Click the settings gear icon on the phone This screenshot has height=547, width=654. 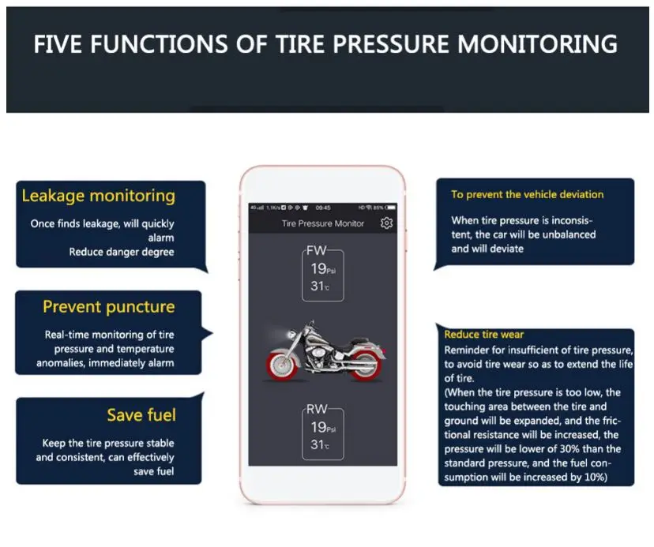tap(386, 223)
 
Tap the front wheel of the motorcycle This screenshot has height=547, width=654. tap(364, 364)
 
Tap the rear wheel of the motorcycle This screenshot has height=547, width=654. tap(280, 362)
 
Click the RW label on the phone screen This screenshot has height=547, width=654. tap(317, 409)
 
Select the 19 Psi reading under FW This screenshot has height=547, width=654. tap(323, 268)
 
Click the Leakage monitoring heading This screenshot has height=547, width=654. tap(98, 196)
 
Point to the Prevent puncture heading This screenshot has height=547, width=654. tap(108, 306)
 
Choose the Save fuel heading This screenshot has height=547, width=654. tap(141, 415)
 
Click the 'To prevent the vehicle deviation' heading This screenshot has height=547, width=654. tap(527, 194)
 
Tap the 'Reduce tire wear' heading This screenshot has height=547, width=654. tap(483, 335)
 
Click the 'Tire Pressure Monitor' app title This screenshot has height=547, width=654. tap(323, 223)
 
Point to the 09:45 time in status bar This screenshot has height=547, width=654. tap(323, 208)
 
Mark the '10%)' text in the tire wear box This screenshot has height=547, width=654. tap(594, 478)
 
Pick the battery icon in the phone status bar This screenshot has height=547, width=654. tap(391, 208)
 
